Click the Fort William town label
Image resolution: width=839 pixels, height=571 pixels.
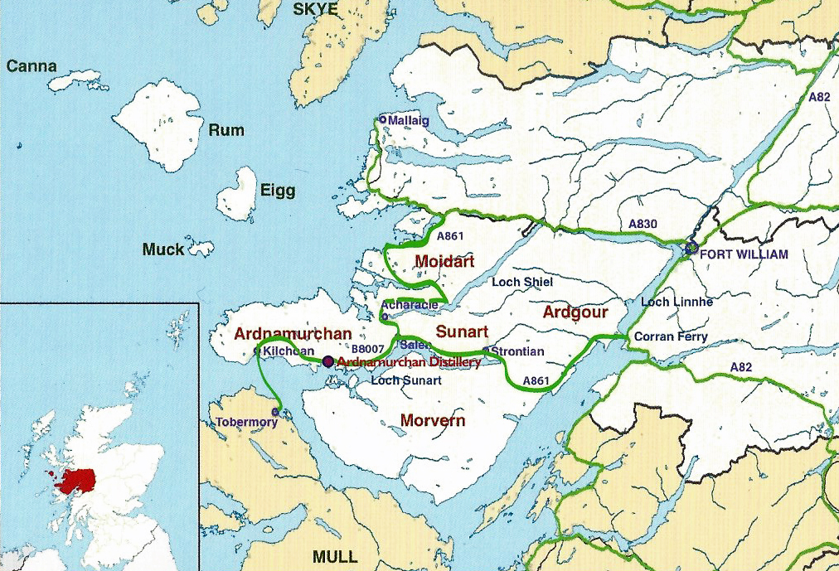coord(744,254)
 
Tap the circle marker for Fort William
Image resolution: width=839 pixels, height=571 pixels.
coord(691,248)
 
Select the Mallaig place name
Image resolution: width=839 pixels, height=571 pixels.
coord(410,121)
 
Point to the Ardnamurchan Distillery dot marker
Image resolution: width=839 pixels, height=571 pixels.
coord(328,361)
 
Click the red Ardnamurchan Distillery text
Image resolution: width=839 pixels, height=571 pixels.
coord(410,362)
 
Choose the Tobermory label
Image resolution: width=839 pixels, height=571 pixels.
coord(246,422)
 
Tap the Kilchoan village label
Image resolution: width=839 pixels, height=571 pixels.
coord(288,351)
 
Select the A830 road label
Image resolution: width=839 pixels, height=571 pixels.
coord(643,224)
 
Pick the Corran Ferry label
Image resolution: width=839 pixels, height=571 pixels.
coord(671,336)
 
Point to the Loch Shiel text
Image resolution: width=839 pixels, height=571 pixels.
coord(522,282)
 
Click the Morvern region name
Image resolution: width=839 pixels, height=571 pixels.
coord(433,420)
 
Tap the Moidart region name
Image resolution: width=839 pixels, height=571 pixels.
coord(444,262)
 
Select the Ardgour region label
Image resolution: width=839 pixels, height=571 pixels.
coord(575,312)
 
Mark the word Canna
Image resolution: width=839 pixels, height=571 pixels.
coord(32,66)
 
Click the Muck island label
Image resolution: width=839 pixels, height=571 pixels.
coord(163,249)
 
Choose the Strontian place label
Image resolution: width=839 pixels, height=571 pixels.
coord(518,351)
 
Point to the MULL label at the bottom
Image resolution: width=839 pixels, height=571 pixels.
coord(335,555)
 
